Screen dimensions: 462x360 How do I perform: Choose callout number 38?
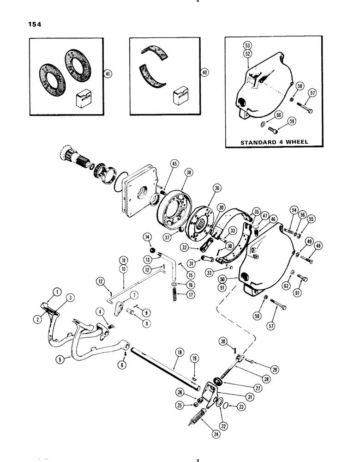175,170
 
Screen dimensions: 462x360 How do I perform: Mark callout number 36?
217,188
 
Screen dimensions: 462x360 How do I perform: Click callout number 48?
318,246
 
